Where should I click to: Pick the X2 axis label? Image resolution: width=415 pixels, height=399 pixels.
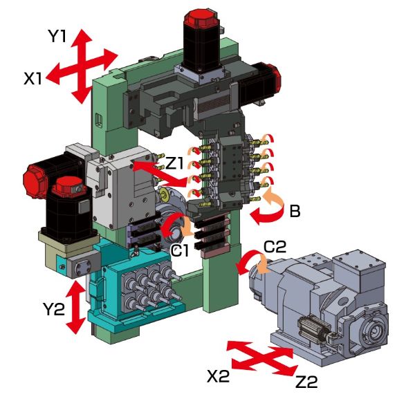(x=221, y=375)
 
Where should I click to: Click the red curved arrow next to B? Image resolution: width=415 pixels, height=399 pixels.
(x=266, y=207)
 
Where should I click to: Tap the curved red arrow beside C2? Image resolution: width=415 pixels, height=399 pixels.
(x=248, y=263)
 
